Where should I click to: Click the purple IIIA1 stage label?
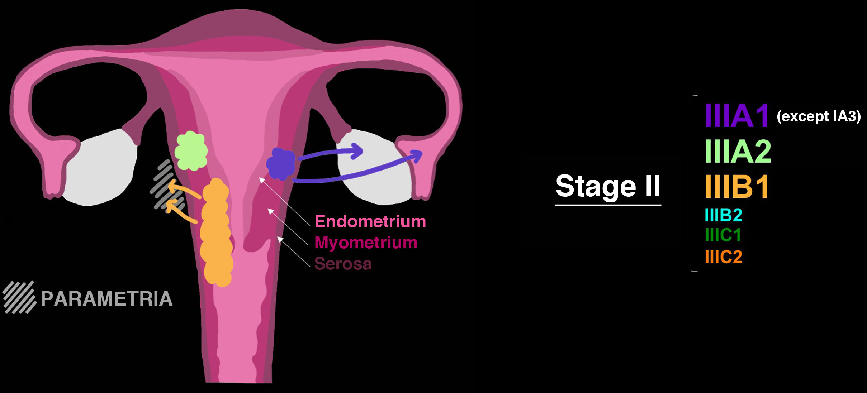click(x=736, y=116)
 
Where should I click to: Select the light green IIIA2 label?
click(x=738, y=152)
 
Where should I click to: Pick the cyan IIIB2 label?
click(x=723, y=215)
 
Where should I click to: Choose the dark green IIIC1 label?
click(x=723, y=235)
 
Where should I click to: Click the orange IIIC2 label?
click(x=723, y=257)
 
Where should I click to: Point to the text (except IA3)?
click(x=818, y=116)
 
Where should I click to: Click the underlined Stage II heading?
click(x=608, y=186)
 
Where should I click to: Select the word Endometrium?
click(x=370, y=221)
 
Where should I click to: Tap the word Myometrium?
click(x=366, y=243)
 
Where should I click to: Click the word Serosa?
click(x=343, y=264)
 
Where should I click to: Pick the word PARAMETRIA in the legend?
click(x=106, y=299)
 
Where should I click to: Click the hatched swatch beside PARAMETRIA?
click(x=20, y=297)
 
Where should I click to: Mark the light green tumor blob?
click(x=191, y=151)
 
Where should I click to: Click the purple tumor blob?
click(x=281, y=164)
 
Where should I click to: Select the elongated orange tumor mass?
click(x=216, y=233)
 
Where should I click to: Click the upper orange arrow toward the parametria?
click(x=183, y=189)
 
